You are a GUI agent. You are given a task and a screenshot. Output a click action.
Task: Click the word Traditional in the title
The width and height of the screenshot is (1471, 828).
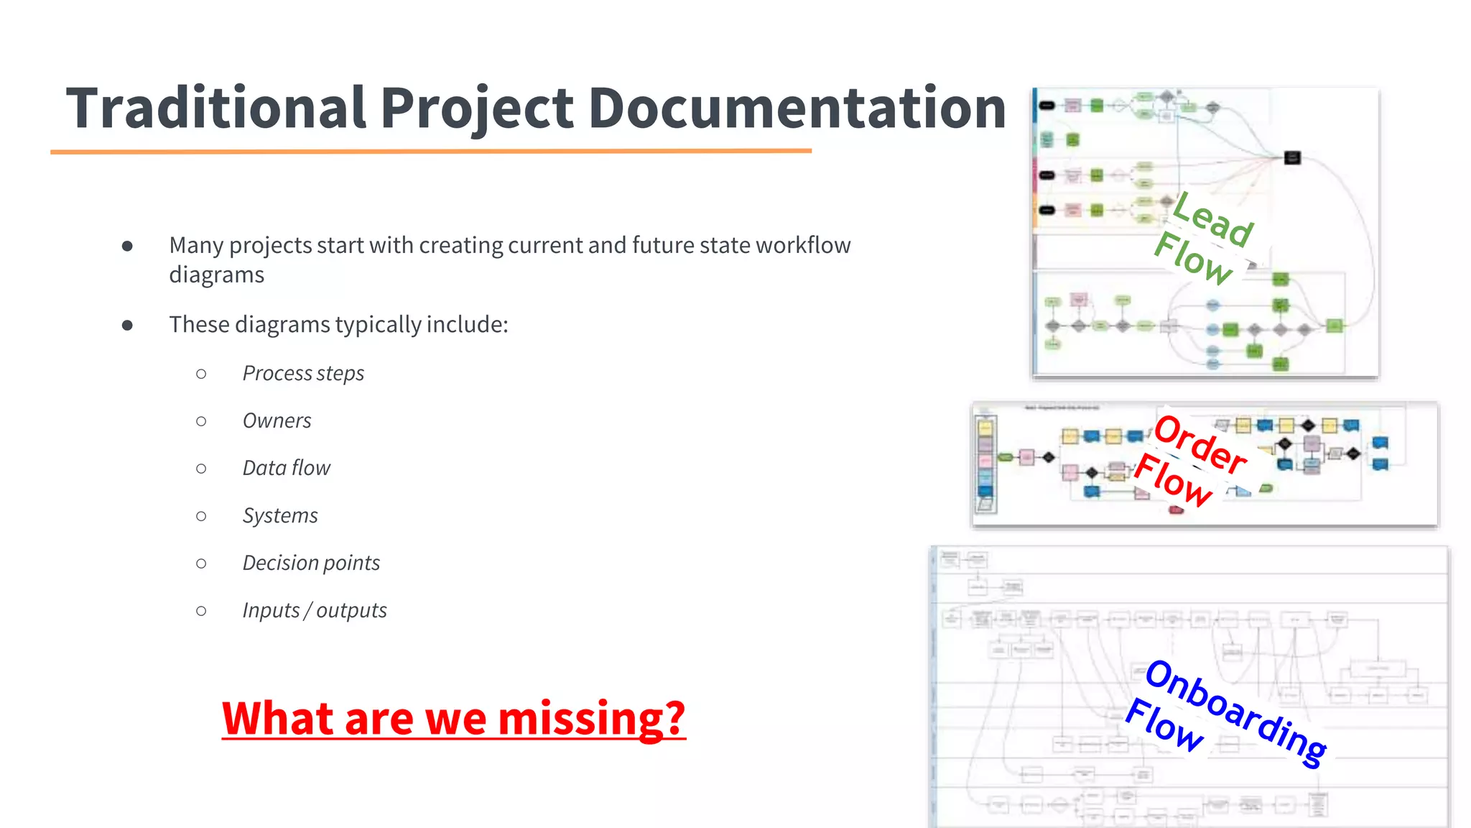[x=215, y=108]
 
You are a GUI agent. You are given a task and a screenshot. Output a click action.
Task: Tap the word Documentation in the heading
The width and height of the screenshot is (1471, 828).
[x=797, y=108]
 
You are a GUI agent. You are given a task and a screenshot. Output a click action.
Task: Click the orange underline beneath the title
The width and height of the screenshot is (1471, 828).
[x=431, y=151]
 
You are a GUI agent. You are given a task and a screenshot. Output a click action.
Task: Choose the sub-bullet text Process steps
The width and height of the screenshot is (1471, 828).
[x=303, y=374]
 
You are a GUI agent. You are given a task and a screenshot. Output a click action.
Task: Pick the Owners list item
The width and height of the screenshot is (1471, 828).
[x=277, y=421]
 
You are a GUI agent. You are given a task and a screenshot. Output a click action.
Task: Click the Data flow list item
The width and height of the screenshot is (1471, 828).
[x=286, y=469]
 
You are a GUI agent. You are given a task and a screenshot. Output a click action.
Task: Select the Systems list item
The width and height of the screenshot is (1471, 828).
[x=280, y=516]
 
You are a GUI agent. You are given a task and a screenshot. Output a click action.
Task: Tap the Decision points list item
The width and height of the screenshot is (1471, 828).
[x=311, y=563]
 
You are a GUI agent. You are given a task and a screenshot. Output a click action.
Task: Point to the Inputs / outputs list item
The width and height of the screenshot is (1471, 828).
[x=315, y=611]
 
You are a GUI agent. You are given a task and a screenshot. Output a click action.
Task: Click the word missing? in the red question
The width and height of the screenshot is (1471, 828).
[x=591, y=719]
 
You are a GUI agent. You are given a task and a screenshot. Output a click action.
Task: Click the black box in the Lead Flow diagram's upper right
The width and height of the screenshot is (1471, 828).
[x=1292, y=157]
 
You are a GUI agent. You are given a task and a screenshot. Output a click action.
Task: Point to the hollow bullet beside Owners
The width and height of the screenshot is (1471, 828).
[x=201, y=421]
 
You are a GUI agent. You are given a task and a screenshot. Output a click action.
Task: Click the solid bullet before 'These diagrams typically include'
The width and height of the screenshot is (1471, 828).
[x=127, y=325]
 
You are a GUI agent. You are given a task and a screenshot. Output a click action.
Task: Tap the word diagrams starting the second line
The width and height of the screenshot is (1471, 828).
[x=216, y=275]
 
